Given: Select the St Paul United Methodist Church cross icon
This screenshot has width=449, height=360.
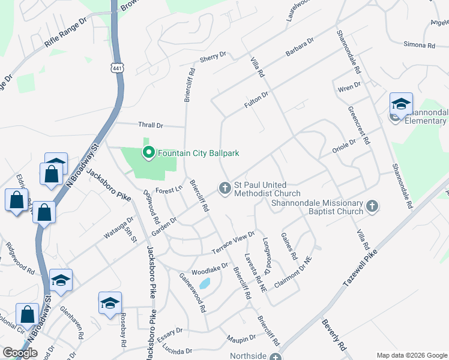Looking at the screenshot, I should (x=225, y=189).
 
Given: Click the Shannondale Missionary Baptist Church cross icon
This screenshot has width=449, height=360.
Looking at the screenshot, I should (x=372, y=206).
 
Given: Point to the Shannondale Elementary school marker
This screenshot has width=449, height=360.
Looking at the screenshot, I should (x=400, y=104).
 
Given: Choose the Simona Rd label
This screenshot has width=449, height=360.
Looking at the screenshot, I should (x=419, y=45).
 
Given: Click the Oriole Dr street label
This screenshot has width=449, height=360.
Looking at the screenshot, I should (x=345, y=145).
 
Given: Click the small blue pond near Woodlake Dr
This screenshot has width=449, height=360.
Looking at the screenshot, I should (x=205, y=283).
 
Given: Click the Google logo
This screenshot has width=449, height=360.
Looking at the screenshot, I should (x=20, y=353).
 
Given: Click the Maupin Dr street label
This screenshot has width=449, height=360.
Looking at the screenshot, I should (x=241, y=340).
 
